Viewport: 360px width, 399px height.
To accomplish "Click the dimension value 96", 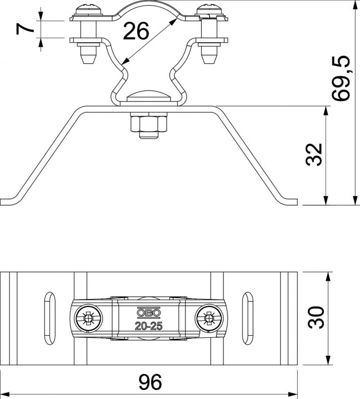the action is (x=150, y=382).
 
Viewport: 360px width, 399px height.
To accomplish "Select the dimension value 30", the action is (x=316, y=317).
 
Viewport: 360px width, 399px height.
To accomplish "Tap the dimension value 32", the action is (x=314, y=154).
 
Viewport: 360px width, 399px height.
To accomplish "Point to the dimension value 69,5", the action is (x=341, y=78).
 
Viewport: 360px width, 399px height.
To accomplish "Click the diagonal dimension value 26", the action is (x=136, y=31).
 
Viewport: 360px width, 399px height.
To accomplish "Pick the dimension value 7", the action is (x=25, y=28).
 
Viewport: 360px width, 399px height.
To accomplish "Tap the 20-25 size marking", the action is (x=149, y=326).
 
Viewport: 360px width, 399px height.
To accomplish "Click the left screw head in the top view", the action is (x=89, y=319).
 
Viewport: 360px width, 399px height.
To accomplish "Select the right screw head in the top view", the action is (x=209, y=319).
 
